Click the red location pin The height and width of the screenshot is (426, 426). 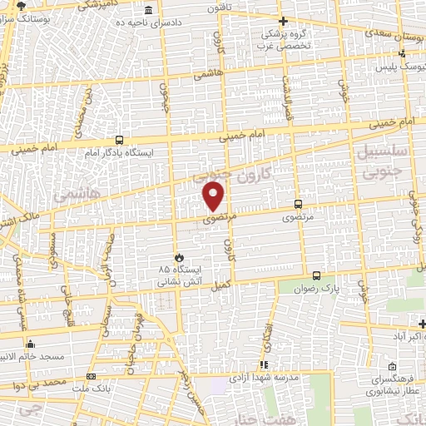[215, 196]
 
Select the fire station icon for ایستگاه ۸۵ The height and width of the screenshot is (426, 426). [176, 259]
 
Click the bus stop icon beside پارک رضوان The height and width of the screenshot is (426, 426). [316, 275]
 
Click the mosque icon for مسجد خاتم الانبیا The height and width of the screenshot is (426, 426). [31, 344]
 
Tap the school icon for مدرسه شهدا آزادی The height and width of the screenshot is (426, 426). [264, 364]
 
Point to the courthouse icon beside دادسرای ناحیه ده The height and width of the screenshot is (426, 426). [148, 10]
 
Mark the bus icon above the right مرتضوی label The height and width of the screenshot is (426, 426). [298, 204]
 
